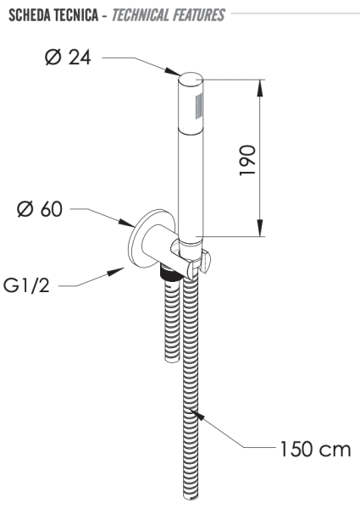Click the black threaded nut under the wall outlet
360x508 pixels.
[169, 275]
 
